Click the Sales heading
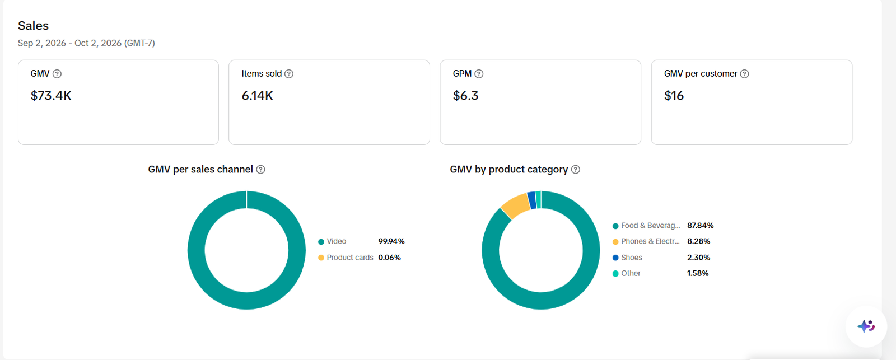pyautogui.click(x=33, y=26)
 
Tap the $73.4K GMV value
pyautogui.click(x=51, y=96)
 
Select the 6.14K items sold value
pyautogui.click(x=257, y=96)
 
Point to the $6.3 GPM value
pyautogui.click(x=465, y=96)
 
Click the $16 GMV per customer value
pyautogui.click(x=674, y=96)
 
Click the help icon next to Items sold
pyautogui.click(x=289, y=74)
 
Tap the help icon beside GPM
pyautogui.click(x=479, y=74)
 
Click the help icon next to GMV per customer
pyautogui.click(x=744, y=74)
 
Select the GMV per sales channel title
pyautogui.click(x=200, y=169)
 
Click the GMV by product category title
pyautogui.click(x=509, y=169)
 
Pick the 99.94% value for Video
pyautogui.click(x=391, y=241)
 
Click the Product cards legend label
pyautogui.click(x=350, y=258)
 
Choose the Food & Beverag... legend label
pyautogui.click(x=650, y=226)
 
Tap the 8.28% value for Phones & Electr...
pyautogui.click(x=698, y=241)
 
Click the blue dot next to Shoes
pyautogui.click(x=615, y=258)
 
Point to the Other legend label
pyautogui.click(x=631, y=273)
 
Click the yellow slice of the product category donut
pyautogui.click(x=515, y=205)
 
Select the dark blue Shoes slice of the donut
pyautogui.click(x=532, y=200)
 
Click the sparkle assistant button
pyautogui.click(x=866, y=326)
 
